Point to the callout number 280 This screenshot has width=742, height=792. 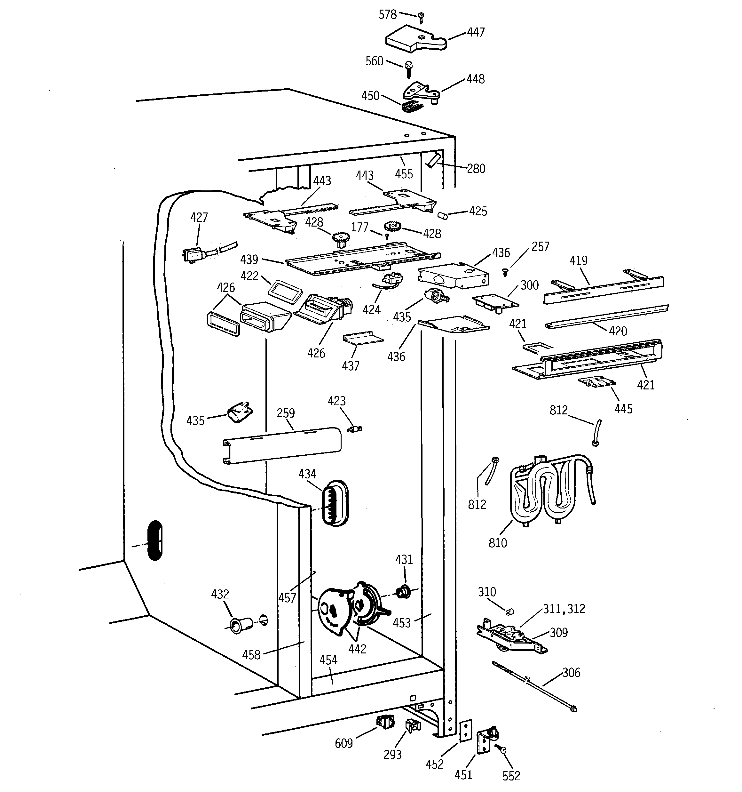[476, 169]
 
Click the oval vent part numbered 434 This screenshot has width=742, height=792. [335, 503]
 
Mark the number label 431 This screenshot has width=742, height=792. [404, 560]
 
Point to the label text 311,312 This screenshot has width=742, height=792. [564, 609]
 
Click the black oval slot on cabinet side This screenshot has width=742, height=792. [154, 540]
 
